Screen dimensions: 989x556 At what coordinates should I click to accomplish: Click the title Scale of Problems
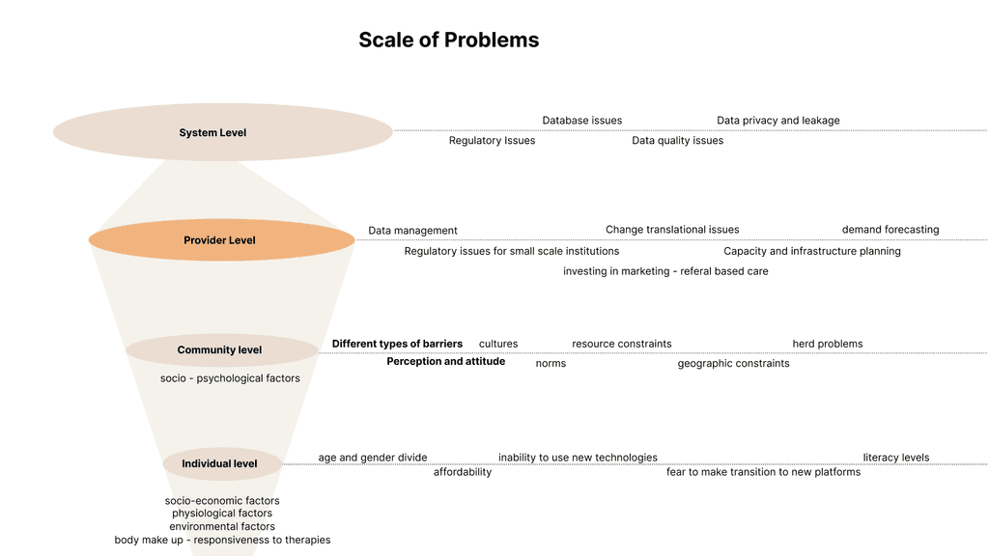pyautogui.click(x=448, y=40)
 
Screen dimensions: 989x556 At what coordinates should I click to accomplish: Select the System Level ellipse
pyautogui.click(x=223, y=131)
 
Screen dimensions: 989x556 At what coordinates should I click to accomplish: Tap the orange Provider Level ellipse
pyautogui.click(x=222, y=239)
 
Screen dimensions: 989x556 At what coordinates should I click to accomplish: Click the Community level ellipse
pyautogui.click(x=222, y=349)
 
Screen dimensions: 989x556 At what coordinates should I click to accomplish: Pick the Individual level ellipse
pyautogui.click(x=222, y=463)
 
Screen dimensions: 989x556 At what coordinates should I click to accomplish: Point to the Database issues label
pyautogui.click(x=582, y=121)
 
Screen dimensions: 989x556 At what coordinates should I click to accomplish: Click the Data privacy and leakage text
pyautogui.click(x=778, y=121)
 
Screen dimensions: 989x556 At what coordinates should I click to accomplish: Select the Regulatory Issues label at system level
pyautogui.click(x=492, y=141)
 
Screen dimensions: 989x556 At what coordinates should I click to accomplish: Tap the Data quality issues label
pyautogui.click(x=677, y=141)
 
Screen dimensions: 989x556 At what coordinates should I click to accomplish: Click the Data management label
pyautogui.click(x=412, y=231)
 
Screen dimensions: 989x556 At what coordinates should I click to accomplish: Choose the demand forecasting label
pyautogui.click(x=890, y=230)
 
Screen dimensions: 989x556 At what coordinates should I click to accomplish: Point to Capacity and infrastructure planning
pyautogui.click(x=811, y=251)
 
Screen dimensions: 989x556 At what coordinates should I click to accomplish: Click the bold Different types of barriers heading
pyautogui.click(x=397, y=344)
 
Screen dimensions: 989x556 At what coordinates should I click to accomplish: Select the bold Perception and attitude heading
pyautogui.click(x=446, y=361)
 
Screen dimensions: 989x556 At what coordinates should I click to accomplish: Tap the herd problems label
pyautogui.click(x=828, y=344)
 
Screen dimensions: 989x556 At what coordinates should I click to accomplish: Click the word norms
pyautogui.click(x=551, y=363)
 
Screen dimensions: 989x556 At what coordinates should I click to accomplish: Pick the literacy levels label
pyautogui.click(x=896, y=458)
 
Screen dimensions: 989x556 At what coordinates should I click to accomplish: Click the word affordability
pyautogui.click(x=463, y=472)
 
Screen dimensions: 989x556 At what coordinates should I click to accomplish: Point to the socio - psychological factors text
pyautogui.click(x=230, y=378)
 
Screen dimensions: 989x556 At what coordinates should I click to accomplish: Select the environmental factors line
pyautogui.click(x=222, y=526)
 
